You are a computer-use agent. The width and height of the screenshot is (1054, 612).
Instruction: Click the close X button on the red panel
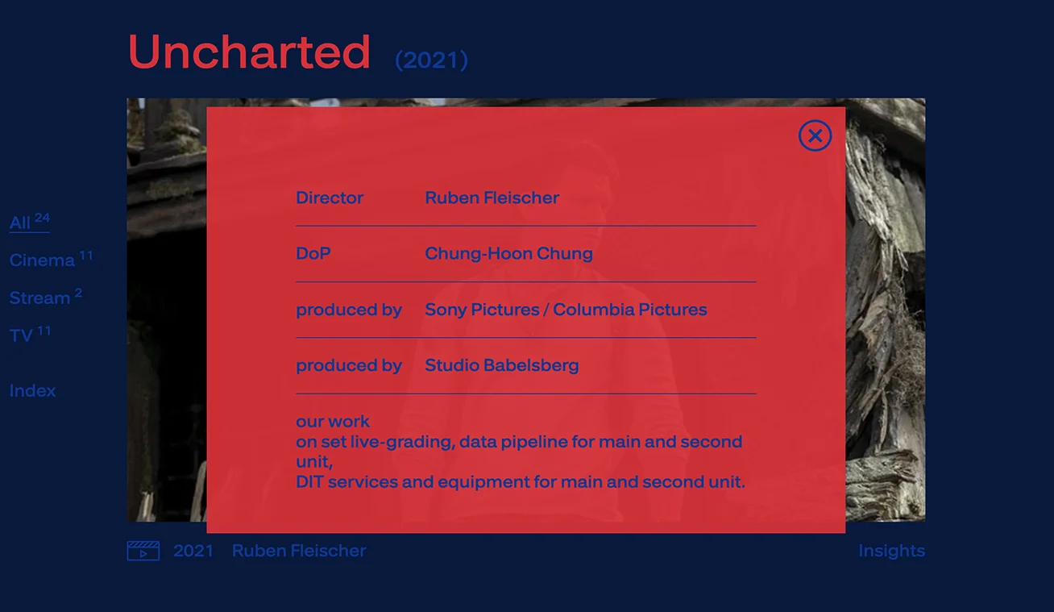coord(815,135)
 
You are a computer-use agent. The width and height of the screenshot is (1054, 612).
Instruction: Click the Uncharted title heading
coord(249,52)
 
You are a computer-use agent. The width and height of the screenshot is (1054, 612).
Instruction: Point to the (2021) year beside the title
coord(431,60)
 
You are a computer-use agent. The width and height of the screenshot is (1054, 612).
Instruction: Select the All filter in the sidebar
coord(29,222)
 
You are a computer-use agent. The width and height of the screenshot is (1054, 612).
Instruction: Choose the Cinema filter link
coord(51,260)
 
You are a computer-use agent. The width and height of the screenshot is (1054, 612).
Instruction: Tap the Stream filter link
coord(46,297)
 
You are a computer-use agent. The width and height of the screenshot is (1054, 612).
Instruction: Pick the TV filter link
coord(30,335)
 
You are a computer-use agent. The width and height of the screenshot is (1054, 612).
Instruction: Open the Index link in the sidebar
coord(32,391)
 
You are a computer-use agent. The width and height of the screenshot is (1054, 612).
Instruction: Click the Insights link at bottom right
coord(892,551)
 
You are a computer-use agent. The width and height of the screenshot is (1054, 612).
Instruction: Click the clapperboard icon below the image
coord(143,551)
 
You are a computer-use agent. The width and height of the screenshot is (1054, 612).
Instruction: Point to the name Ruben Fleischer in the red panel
coord(492,198)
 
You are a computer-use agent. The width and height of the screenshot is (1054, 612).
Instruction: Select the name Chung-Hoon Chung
coord(508,254)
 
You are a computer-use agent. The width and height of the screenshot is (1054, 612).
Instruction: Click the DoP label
coord(313,254)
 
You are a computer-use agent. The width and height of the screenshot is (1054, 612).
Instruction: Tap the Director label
coord(330,198)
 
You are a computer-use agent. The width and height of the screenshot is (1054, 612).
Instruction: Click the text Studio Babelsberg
coord(501,365)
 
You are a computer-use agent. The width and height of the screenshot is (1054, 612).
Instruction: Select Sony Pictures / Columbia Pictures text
coord(566,310)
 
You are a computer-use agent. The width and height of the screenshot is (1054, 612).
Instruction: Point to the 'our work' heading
coord(333,422)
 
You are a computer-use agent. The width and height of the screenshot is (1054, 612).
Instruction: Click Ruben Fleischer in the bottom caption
coord(299,551)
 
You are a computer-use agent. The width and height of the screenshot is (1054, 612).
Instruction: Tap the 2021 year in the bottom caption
coord(193,551)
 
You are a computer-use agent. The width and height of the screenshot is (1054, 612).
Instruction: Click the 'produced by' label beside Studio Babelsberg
coord(349,366)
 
